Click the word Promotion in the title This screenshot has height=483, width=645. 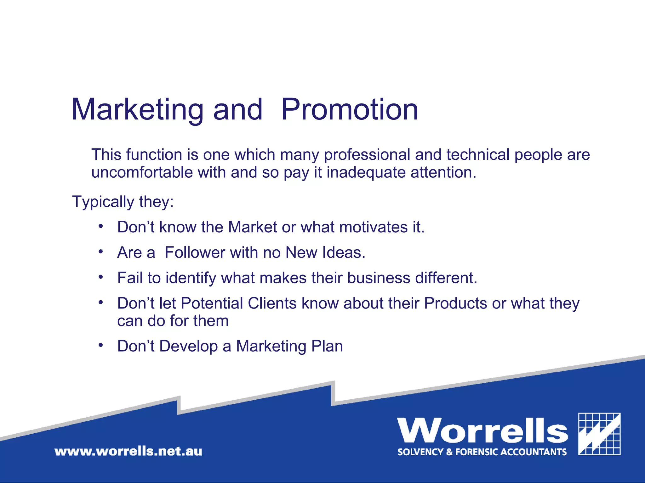(349, 109)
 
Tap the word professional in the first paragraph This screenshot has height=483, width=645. (367, 155)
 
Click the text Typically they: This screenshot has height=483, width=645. (123, 202)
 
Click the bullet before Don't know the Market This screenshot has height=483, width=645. (100, 226)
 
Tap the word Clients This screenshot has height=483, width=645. (272, 303)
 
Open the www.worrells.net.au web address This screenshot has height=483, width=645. (128, 451)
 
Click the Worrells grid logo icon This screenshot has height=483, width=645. (599, 434)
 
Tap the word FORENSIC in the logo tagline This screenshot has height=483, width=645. (477, 452)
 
